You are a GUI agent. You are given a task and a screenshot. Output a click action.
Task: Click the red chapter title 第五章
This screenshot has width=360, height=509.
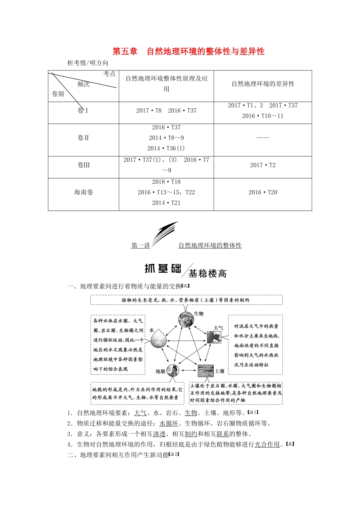click(x=125, y=52)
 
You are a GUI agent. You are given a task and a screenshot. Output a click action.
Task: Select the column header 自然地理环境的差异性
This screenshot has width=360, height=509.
click(x=263, y=84)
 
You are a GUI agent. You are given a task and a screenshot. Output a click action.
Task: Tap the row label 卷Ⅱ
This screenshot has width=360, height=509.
click(x=83, y=138)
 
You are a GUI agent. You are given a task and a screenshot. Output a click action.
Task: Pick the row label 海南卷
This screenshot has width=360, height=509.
click(x=83, y=192)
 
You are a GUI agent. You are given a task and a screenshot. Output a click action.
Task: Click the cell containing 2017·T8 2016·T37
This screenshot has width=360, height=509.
click(x=166, y=111)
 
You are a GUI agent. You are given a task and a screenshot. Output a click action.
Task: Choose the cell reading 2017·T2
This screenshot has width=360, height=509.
click(x=263, y=165)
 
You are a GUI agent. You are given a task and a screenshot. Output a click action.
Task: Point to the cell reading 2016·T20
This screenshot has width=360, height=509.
click(x=263, y=192)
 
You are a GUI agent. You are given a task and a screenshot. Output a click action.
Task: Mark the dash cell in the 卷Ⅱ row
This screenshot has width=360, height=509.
click(x=263, y=138)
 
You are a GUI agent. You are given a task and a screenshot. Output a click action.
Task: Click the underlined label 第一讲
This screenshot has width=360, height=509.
click(x=141, y=245)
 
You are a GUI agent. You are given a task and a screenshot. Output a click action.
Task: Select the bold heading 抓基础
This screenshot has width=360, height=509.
click(x=163, y=269)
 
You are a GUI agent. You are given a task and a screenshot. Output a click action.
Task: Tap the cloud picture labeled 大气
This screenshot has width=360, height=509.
click(x=214, y=337)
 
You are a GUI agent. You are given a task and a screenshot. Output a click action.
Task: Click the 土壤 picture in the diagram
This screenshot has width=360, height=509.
click(x=205, y=371)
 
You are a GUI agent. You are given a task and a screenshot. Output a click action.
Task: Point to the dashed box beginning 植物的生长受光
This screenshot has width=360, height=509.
click(x=186, y=300)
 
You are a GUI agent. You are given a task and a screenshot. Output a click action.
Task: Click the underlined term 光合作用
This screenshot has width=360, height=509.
click(x=267, y=445)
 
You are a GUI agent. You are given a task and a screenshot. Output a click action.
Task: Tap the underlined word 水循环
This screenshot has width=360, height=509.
click(x=169, y=423)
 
